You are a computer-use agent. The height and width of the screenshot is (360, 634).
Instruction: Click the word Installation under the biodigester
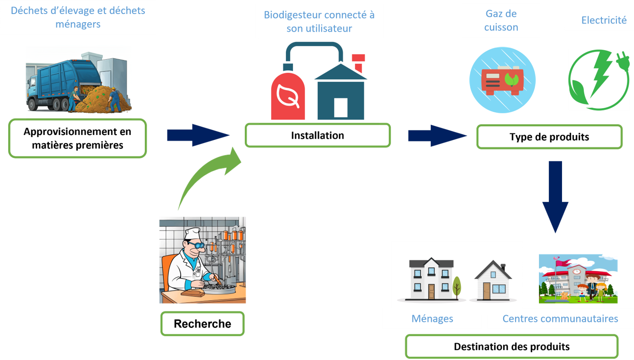[x=317, y=135]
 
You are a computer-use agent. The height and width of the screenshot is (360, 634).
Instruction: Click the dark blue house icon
[x=340, y=93]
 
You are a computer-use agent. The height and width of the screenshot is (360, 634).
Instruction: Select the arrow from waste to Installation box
[x=198, y=135]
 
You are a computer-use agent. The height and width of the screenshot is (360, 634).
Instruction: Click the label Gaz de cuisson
[x=501, y=20]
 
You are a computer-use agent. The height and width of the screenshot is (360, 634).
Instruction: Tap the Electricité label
[x=604, y=20]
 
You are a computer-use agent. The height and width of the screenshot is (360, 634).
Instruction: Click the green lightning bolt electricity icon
[x=598, y=80]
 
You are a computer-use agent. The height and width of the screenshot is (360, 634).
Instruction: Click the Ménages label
[x=432, y=319]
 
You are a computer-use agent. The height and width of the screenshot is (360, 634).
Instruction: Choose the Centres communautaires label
[x=560, y=319]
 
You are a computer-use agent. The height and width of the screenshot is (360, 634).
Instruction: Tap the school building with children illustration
[x=578, y=278]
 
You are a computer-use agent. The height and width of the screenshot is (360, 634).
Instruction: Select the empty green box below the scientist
[x=202, y=323]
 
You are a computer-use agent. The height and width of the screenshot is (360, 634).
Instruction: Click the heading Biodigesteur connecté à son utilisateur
[x=319, y=21]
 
